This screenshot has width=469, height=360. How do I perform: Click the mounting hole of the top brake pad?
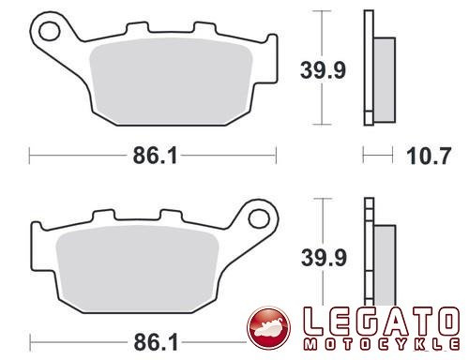[50, 31]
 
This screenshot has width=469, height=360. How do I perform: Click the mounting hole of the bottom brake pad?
[259, 218]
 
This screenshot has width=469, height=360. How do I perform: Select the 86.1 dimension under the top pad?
[155, 156]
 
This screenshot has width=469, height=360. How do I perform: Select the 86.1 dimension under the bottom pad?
[156, 342]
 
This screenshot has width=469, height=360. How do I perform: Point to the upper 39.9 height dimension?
[323, 70]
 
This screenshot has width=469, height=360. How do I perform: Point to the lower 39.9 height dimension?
[324, 258]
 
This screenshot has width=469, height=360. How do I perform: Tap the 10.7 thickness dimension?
[429, 156]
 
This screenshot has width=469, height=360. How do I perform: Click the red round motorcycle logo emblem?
[268, 327]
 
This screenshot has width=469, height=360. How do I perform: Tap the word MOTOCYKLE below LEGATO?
[382, 344]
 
